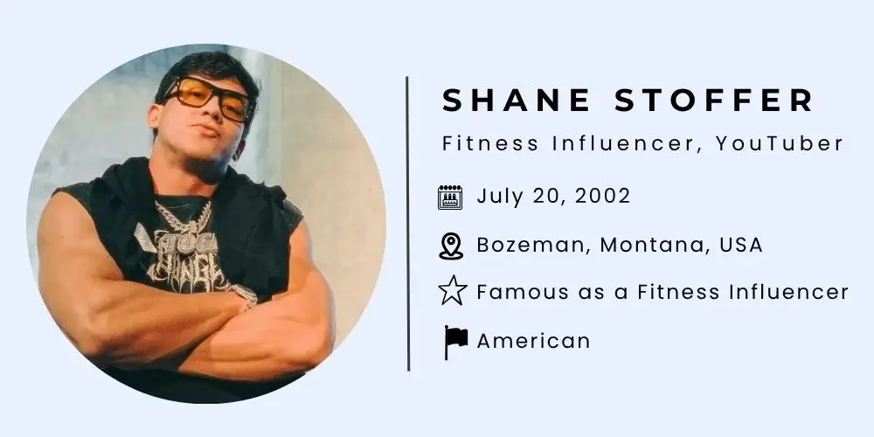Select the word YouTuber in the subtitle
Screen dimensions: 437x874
pos(779,144)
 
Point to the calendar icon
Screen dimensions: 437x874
pos(450,197)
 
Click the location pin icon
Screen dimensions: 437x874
pos(450,246)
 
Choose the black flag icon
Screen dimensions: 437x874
pos(454,341)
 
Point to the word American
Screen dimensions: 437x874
pos(533,340)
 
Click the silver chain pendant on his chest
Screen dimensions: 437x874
pos(184,218)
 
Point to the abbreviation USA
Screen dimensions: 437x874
pos(741,246)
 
